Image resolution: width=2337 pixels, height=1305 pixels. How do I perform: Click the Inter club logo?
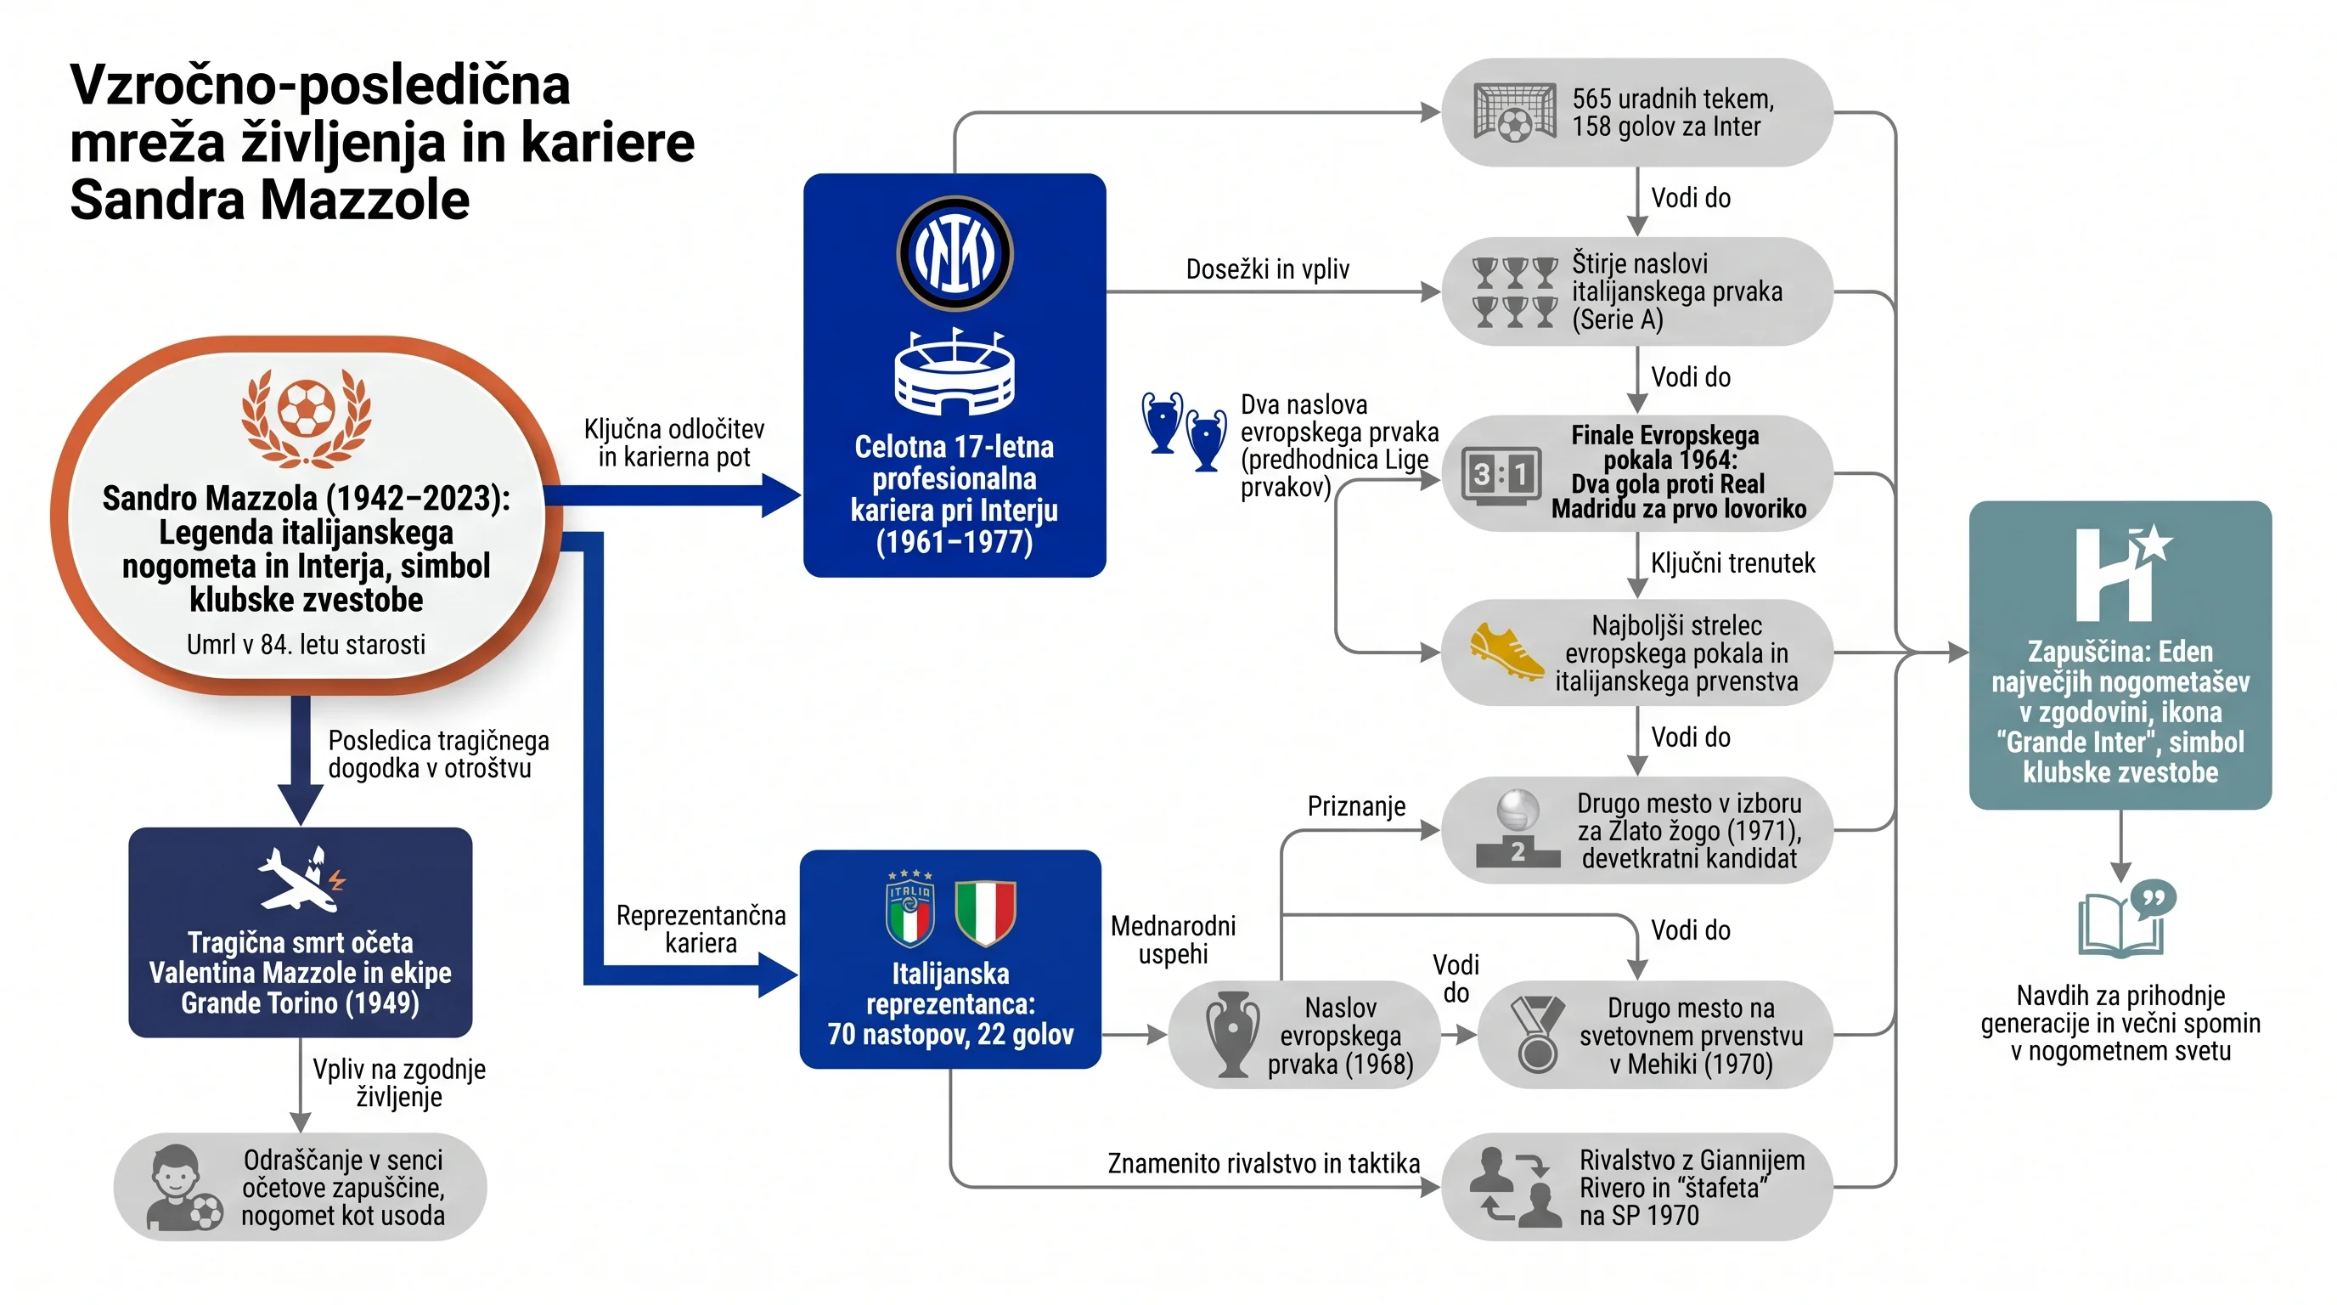[955, 253]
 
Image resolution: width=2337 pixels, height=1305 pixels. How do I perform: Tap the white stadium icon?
[955, 372]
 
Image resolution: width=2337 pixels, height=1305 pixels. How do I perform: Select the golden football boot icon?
[1506, 652]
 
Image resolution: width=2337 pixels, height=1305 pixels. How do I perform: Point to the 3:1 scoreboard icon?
[1501, 474]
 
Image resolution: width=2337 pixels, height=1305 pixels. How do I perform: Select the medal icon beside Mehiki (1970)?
[1538, 1035]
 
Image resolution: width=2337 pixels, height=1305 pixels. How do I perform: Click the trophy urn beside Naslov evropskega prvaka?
[1232, 1035]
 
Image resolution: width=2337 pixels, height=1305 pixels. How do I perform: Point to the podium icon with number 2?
[1518, 828]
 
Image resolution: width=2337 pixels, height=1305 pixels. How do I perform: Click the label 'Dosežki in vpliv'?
[1267, 268]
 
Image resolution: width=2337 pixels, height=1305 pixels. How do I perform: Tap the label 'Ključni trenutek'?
[1732, 562]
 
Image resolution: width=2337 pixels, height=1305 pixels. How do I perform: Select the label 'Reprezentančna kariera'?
[701, 929]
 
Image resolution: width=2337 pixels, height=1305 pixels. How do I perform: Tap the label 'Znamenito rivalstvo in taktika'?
[1264, 1162]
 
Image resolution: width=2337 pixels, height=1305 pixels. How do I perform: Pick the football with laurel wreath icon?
[307, 416]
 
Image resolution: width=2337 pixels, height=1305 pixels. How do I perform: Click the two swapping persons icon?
[1515, 1187]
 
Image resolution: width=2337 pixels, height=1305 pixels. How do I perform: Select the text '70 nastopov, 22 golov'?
[950, 1034]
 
